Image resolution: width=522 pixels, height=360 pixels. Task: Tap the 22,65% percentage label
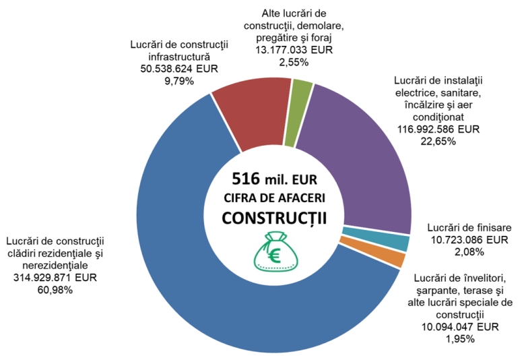pos(438,141)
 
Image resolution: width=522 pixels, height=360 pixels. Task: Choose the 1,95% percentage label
pos(459,338)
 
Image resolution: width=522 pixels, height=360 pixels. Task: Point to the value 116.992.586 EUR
pos(438,129)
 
